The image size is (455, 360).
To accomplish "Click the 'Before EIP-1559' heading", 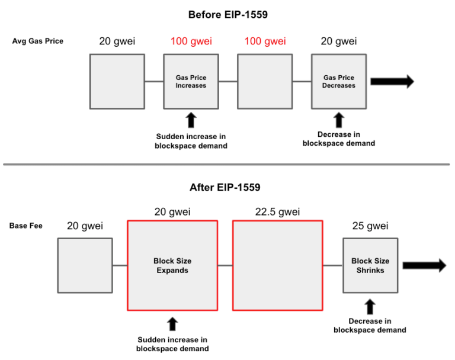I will click(x=227, y=14).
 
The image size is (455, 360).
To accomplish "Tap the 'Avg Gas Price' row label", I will click(x=37, y=41).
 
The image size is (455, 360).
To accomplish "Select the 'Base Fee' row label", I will click(x=25, y=226).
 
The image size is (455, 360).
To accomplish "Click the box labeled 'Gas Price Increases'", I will click(x=191, y=82).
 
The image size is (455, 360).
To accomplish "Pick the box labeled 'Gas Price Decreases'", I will click(x=339, y=82).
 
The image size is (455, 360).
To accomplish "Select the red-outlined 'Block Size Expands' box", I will click(x=172, y=265).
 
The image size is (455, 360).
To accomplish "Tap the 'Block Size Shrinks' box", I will click(x=370, y=265).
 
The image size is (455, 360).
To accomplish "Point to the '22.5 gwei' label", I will click(x=278, y=211).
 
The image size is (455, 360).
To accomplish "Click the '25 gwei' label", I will click(x=370, y=226).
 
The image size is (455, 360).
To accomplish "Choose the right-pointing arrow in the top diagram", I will click(x=393, y=82).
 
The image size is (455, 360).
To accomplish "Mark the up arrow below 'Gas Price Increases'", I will click(x=191, y=120).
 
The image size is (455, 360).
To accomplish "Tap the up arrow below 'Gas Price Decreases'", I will click(x=339, y=120).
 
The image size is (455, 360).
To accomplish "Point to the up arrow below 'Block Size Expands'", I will click(x=172, y=323).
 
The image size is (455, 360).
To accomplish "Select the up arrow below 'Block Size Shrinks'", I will click(x=370, y=306).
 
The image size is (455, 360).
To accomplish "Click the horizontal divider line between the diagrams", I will click(x=227, y=164).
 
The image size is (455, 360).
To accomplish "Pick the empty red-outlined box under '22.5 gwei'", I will click(x=278, y=265).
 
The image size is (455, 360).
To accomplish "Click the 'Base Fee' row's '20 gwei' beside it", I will click(x=85, y=226).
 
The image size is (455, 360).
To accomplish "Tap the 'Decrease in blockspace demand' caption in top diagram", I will click(x=339, y=139).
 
